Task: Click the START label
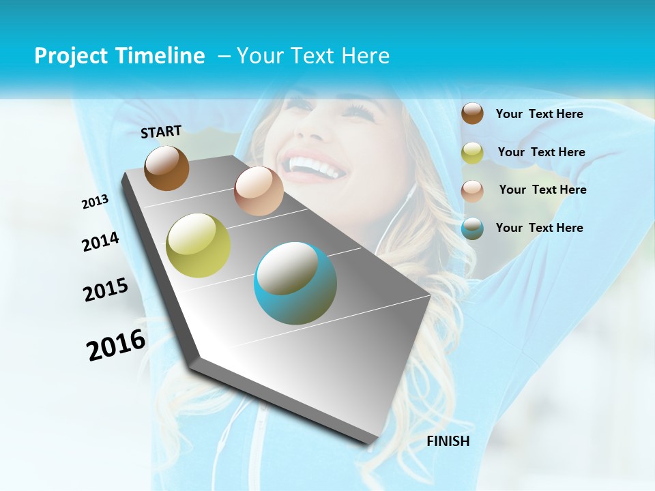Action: pos(161,132)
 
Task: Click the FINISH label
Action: pos(448,441)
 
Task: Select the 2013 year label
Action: pos(96,202)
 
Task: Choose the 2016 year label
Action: pos(116,344)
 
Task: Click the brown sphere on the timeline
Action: pos(166,168)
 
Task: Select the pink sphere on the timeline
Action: pos(259,191)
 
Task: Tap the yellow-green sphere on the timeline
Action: pos(198,245)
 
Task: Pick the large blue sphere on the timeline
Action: pos(295,283)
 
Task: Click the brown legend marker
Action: pos(472,114)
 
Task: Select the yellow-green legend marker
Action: pos(472,153)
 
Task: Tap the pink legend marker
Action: pos(472,190)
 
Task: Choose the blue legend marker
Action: pos(472,228)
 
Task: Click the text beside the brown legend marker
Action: pos(539,115)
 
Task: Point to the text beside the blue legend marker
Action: pos(539,228)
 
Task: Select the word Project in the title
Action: pos(69,56)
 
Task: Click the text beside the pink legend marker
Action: pos(542,190)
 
